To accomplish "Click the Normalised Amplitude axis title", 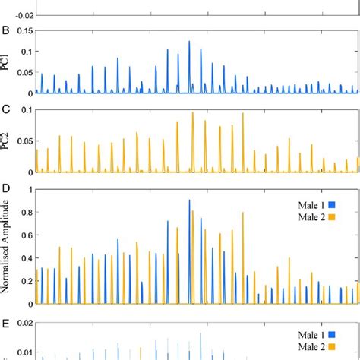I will [7, 247].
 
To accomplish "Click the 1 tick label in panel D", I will [31, 189].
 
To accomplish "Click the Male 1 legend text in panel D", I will [312, 204].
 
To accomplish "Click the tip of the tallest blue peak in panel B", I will [189, 42].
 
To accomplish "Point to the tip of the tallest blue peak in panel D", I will [189, 200].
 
